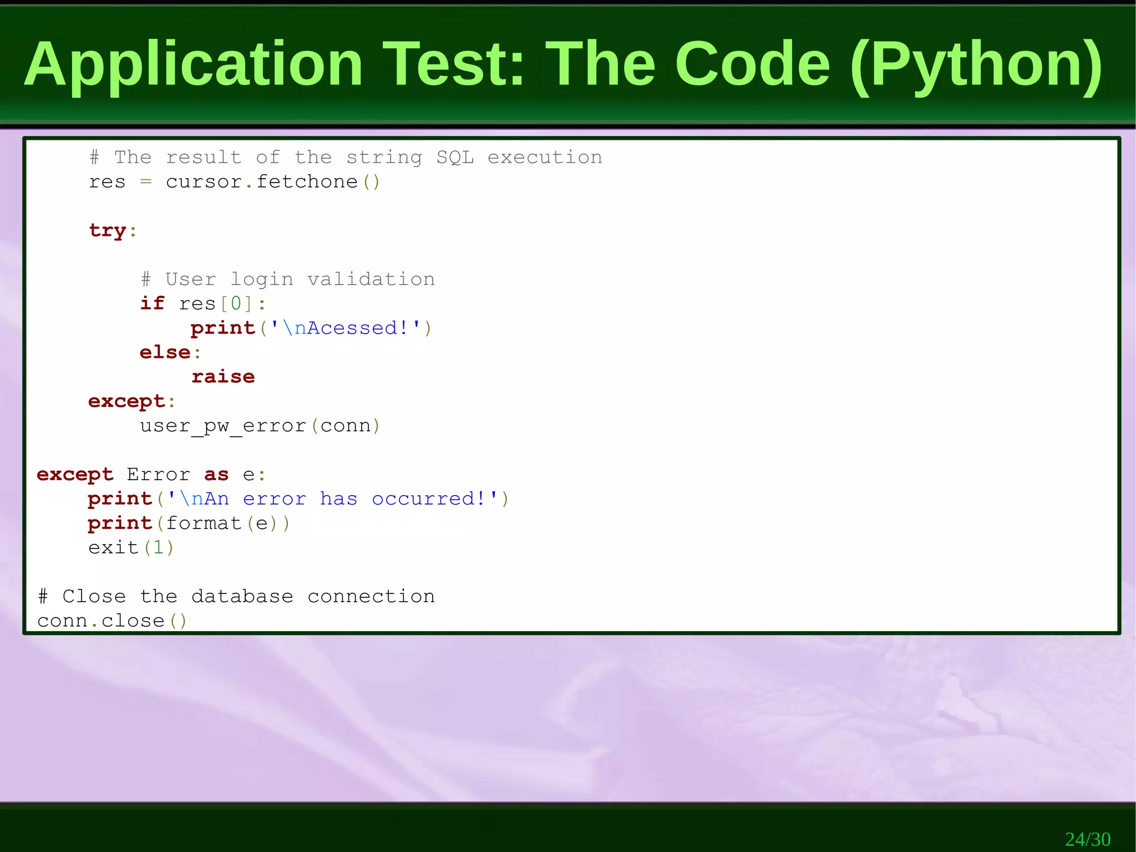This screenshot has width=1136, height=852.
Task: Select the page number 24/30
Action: click(x=1087, y=839)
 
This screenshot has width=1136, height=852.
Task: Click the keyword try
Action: click(x=108, y=230)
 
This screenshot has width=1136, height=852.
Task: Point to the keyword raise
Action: click(x=223, y=377)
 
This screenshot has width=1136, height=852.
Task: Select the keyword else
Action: click(x=165, y=352)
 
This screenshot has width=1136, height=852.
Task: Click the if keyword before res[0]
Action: click(x=152, y=304)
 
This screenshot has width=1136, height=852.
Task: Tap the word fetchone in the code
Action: click(x=307, y=182)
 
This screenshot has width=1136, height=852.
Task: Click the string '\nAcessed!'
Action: click(x=346, y=328)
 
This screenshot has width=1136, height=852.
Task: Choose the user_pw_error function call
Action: click(x=223, y=426)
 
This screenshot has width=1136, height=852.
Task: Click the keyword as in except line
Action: click(x=216, y=475)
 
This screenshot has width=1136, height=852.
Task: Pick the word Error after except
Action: click(x=158, y=475)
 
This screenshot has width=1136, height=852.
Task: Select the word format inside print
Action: click(x=204, y=523)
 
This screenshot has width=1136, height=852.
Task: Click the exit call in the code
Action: click(x=113, y=548)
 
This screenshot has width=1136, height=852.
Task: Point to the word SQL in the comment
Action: click(x=455, y=158)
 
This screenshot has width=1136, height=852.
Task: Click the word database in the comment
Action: click(x=242, y=597)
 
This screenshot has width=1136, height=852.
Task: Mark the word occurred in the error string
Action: click(x=423, y=499)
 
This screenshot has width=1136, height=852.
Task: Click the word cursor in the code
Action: click(x=204, y=182)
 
